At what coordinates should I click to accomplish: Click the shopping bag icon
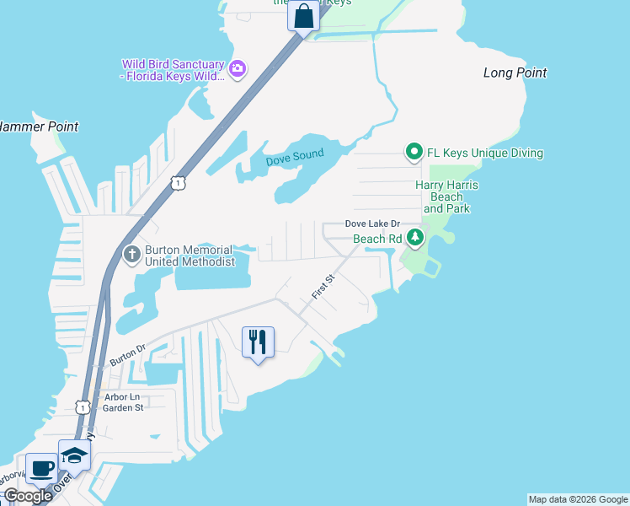(303, 15)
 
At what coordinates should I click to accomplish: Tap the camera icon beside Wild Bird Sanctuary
(238, 68)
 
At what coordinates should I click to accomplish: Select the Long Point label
(515, 73)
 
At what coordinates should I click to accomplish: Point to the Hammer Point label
(39, 126)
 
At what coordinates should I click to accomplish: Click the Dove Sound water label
(295, 159)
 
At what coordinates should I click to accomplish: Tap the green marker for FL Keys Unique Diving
(414, 153)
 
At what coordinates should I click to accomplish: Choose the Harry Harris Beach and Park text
(446, 196)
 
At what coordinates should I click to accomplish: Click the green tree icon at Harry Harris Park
(414, 239)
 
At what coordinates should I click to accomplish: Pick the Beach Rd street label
(376, 240)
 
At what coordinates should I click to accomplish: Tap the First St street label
(323, 287)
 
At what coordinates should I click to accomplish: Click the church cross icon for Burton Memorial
(131, 253)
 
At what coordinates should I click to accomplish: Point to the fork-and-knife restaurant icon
(258, 342)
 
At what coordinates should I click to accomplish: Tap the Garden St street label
(123, 407)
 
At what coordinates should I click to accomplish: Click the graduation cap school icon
(74, 455)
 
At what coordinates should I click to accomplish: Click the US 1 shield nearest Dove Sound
(176, 182)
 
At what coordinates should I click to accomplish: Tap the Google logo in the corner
(28, 496)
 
